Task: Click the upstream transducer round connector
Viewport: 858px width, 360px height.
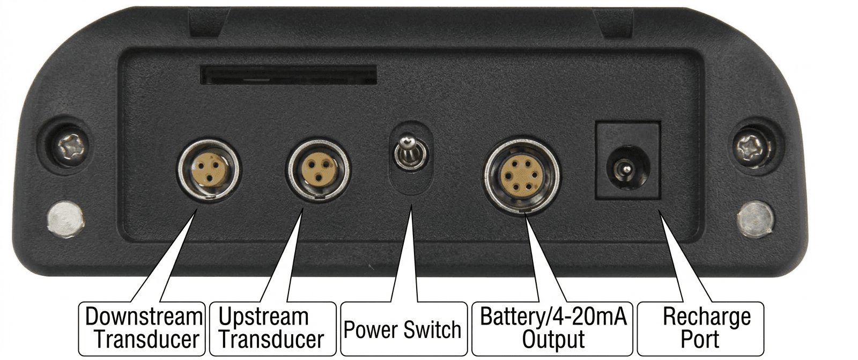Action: point(319,170)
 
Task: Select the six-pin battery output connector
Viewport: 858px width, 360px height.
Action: point(521,177)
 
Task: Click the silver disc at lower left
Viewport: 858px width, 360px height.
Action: point(66,218)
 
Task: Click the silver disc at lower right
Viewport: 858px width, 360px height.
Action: point(755,219)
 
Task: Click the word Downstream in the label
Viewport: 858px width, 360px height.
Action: point(143,317)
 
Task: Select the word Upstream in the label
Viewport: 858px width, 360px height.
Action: point(263,317)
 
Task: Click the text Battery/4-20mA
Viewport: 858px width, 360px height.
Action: point(552,317)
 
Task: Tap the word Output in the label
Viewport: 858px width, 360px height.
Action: point(553,340)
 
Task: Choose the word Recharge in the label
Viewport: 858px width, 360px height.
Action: point(706,317)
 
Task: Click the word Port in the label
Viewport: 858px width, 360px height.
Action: point(700,340)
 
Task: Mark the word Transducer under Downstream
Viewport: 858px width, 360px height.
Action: point(146,340)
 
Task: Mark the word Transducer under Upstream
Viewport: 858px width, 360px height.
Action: point(271,340)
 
